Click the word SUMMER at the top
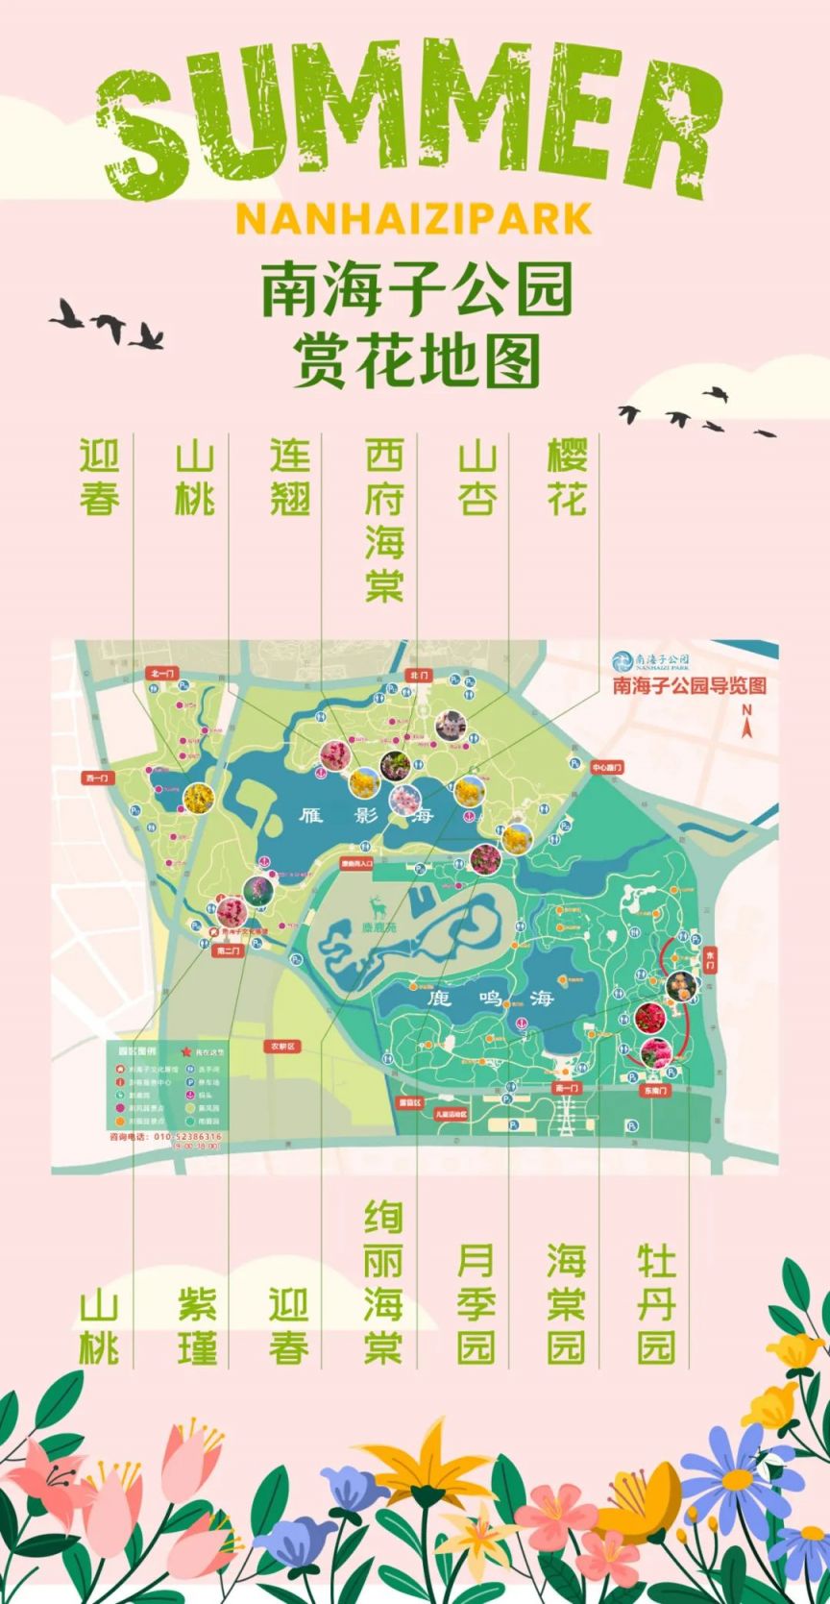413,106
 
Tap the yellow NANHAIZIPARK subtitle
413,219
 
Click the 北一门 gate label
160,674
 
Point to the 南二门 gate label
228,950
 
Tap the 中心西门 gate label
606,768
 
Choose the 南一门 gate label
568,1088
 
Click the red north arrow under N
745,728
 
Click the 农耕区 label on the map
282,1046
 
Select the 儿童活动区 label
450,1114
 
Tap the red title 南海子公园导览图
689,686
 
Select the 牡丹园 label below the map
657,1304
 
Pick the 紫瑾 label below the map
196,1326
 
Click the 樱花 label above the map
567,478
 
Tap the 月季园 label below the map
476,1304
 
